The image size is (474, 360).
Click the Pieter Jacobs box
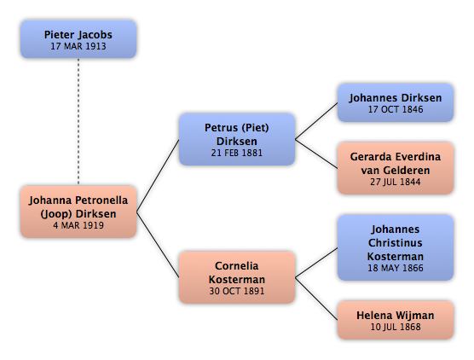coord(78,39)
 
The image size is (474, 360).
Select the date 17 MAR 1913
coord(78,46)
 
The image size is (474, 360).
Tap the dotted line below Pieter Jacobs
coord(78,122)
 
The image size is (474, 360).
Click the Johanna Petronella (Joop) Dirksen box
coord(78,212)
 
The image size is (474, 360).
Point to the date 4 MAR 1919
coord(78,225)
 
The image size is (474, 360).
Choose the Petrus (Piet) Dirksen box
coord(237,139)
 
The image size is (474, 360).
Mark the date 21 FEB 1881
coord(237,153)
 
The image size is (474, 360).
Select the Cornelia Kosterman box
coord(237,277)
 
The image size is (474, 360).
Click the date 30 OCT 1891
coord(237,291)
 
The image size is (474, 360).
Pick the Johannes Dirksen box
coord(396,102)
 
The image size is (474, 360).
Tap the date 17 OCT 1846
coord(396,109)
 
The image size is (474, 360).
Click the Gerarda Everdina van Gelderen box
coord(396,169)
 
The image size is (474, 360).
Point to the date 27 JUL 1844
coord(396,182)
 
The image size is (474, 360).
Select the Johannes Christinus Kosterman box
coord(396,247)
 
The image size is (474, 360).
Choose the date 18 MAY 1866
coord(396,268)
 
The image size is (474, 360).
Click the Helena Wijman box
coord(396,320)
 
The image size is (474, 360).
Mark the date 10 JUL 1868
coord(396,327)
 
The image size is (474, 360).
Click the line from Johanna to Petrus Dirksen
coord(158,176)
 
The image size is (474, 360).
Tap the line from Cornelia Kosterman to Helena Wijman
coord(316,299)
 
